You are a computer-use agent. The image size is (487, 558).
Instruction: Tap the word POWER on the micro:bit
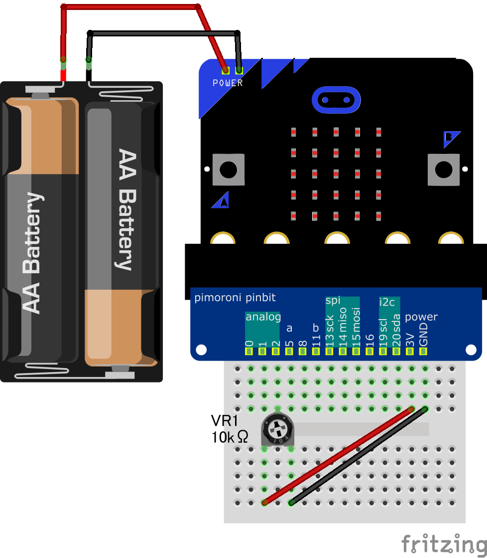(228, 83)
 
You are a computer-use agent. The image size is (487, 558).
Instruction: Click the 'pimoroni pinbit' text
(235, 298)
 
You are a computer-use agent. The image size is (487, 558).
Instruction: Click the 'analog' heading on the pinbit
(263, 317)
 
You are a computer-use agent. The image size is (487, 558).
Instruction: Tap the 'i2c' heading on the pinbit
(387, 302)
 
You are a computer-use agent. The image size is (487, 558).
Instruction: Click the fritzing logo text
(443, 544)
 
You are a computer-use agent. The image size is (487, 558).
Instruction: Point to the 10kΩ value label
(230, 438)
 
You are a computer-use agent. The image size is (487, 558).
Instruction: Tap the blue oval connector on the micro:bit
(336, 100)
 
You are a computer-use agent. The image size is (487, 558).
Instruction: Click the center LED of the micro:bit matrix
(336, 174)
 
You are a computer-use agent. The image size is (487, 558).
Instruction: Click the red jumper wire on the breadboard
(339, 455)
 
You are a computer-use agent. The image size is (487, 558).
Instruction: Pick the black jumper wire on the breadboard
(359, 456)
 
